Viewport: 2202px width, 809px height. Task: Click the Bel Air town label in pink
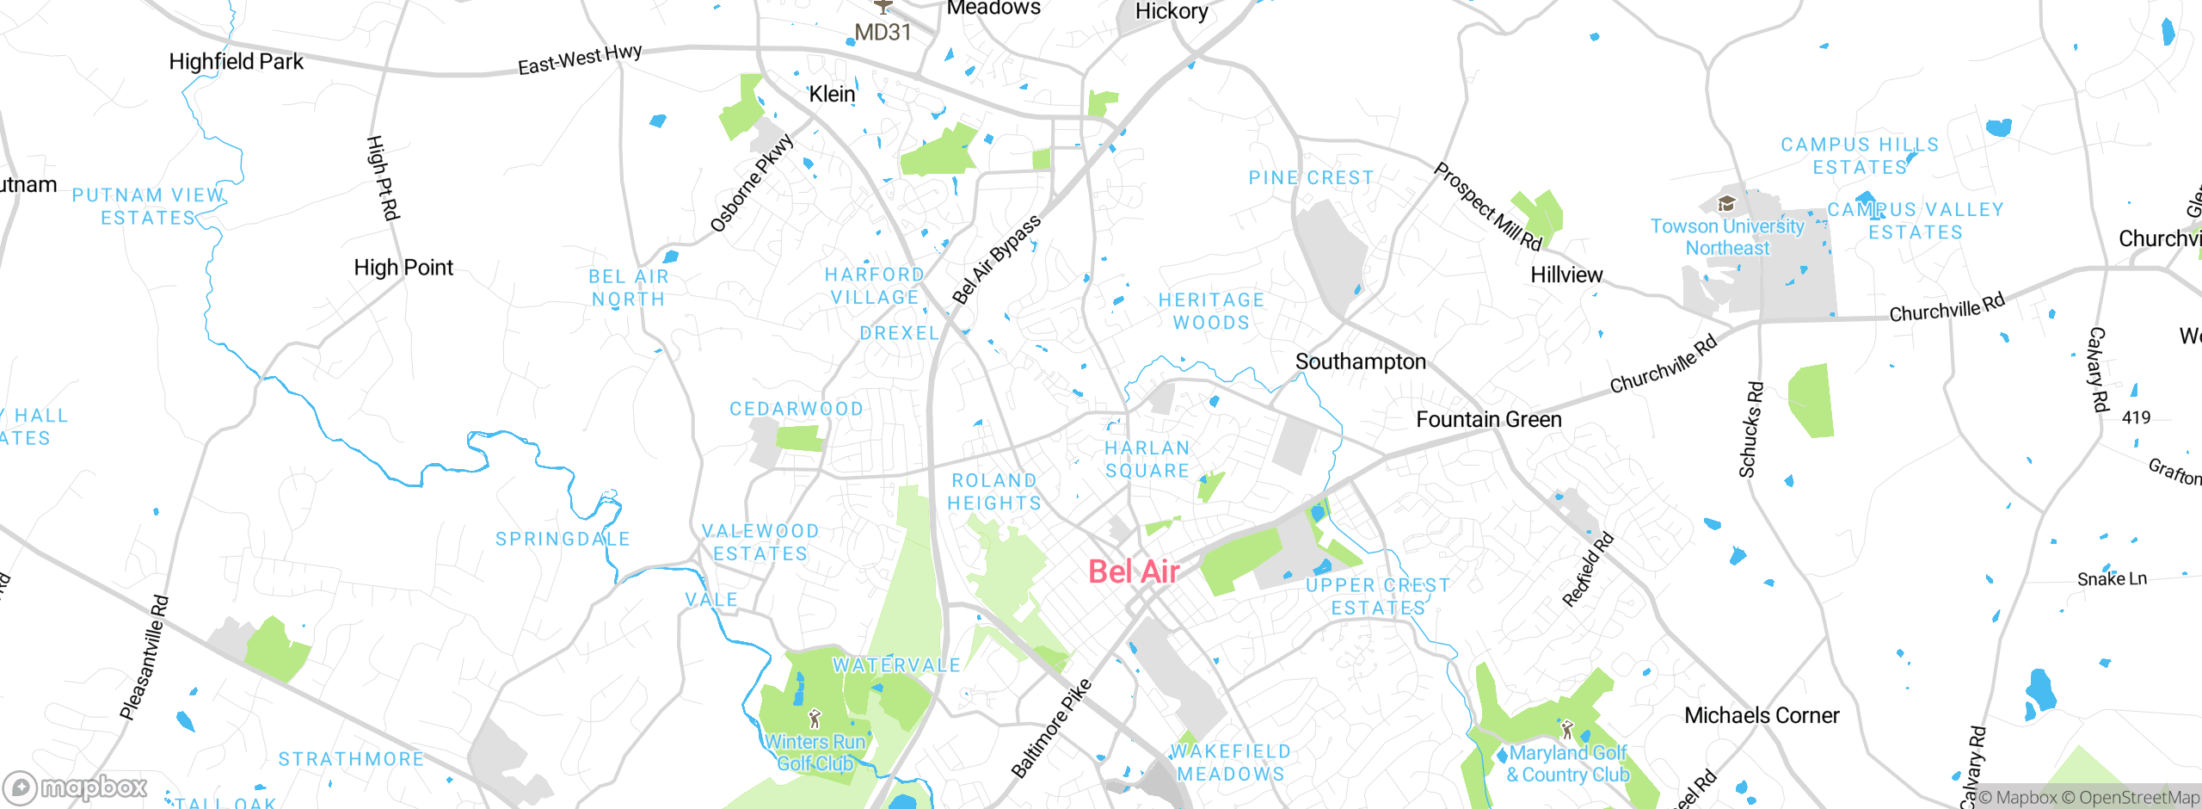1133,571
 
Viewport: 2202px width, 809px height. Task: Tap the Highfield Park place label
236,62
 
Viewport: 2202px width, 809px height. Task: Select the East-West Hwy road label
580,59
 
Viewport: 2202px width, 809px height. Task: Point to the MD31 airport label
883,33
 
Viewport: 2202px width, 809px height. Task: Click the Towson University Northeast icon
1725,204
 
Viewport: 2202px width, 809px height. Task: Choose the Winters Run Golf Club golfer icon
815,718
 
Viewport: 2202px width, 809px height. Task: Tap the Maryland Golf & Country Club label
1567,763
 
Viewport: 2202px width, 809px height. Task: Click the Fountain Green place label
1488,419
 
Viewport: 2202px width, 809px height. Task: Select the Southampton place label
1360,361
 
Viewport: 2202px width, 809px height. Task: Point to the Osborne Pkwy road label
751,183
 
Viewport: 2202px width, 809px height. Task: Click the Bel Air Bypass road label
996,259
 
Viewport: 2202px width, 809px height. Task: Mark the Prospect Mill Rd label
1487,207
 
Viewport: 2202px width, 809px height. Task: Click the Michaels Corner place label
1761,715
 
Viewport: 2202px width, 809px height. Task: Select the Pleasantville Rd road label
144,658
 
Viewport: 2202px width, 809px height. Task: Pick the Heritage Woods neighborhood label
1211,311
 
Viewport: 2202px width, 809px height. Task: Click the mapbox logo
76,787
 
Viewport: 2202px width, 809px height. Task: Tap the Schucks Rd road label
1750,429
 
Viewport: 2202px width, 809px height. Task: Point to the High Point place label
403,268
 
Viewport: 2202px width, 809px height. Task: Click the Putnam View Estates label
148,207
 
